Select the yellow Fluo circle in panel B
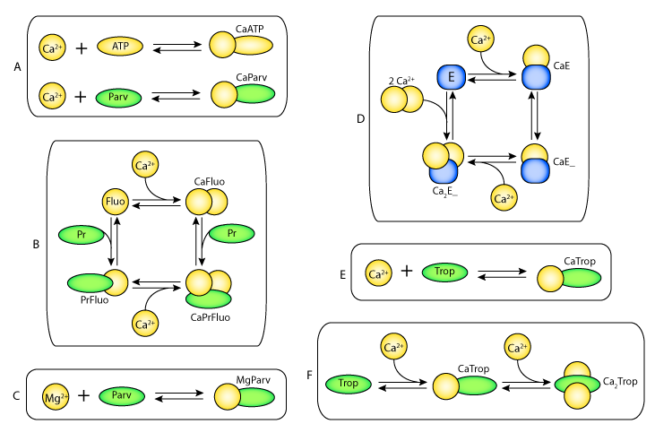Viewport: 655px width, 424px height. tap(116, 203)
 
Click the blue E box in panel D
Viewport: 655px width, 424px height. tap(452, 78)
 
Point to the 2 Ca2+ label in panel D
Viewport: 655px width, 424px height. tap(401, 82)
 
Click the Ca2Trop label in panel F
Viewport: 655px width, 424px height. tap(621, 382)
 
